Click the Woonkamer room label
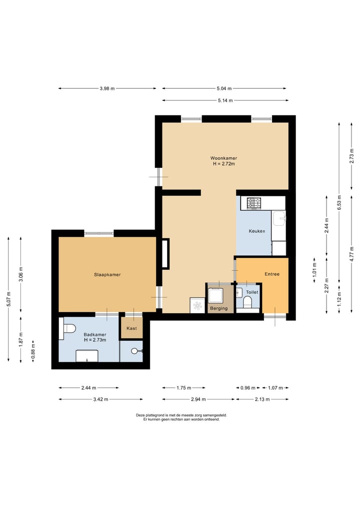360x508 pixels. pyautogui.click(x=223, y=158)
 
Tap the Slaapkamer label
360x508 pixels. pyautogui.click(x=107, y=275)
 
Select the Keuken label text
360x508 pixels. pyautogui.click(x=257, y=231)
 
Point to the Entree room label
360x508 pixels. pyautogui.click(x=272, y=274)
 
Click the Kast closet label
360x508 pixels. pyautogui.click(x=131, y=328)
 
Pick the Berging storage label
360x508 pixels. pyautogui.click(x=219, y=308)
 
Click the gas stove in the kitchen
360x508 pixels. pyautogui.click(x=254, y=203)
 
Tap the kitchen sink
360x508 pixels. pyautogui.click(x=279, y=218)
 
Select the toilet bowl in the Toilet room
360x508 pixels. pyautogui.click(x=248, y=302)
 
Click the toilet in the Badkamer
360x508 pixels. pyautogui.click(x=67, y=328)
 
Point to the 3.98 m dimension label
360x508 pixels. pyautogui.click(x=107, y=88)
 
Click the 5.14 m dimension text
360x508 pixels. pyautogui.click(x=225, y=100)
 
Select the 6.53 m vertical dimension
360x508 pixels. pyautogui.click(x=339, y=202)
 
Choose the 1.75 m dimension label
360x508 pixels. pyautogui.click(x=183, y=388)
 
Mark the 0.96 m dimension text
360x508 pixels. pyautogui.click(x=248, y=388)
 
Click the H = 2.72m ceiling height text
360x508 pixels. pyautogui.click(x=224, y=164)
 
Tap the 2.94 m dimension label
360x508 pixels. pyautogui.click(x=198, y=399)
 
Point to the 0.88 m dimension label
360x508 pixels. pyautogui.click(x=33, y=352)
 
